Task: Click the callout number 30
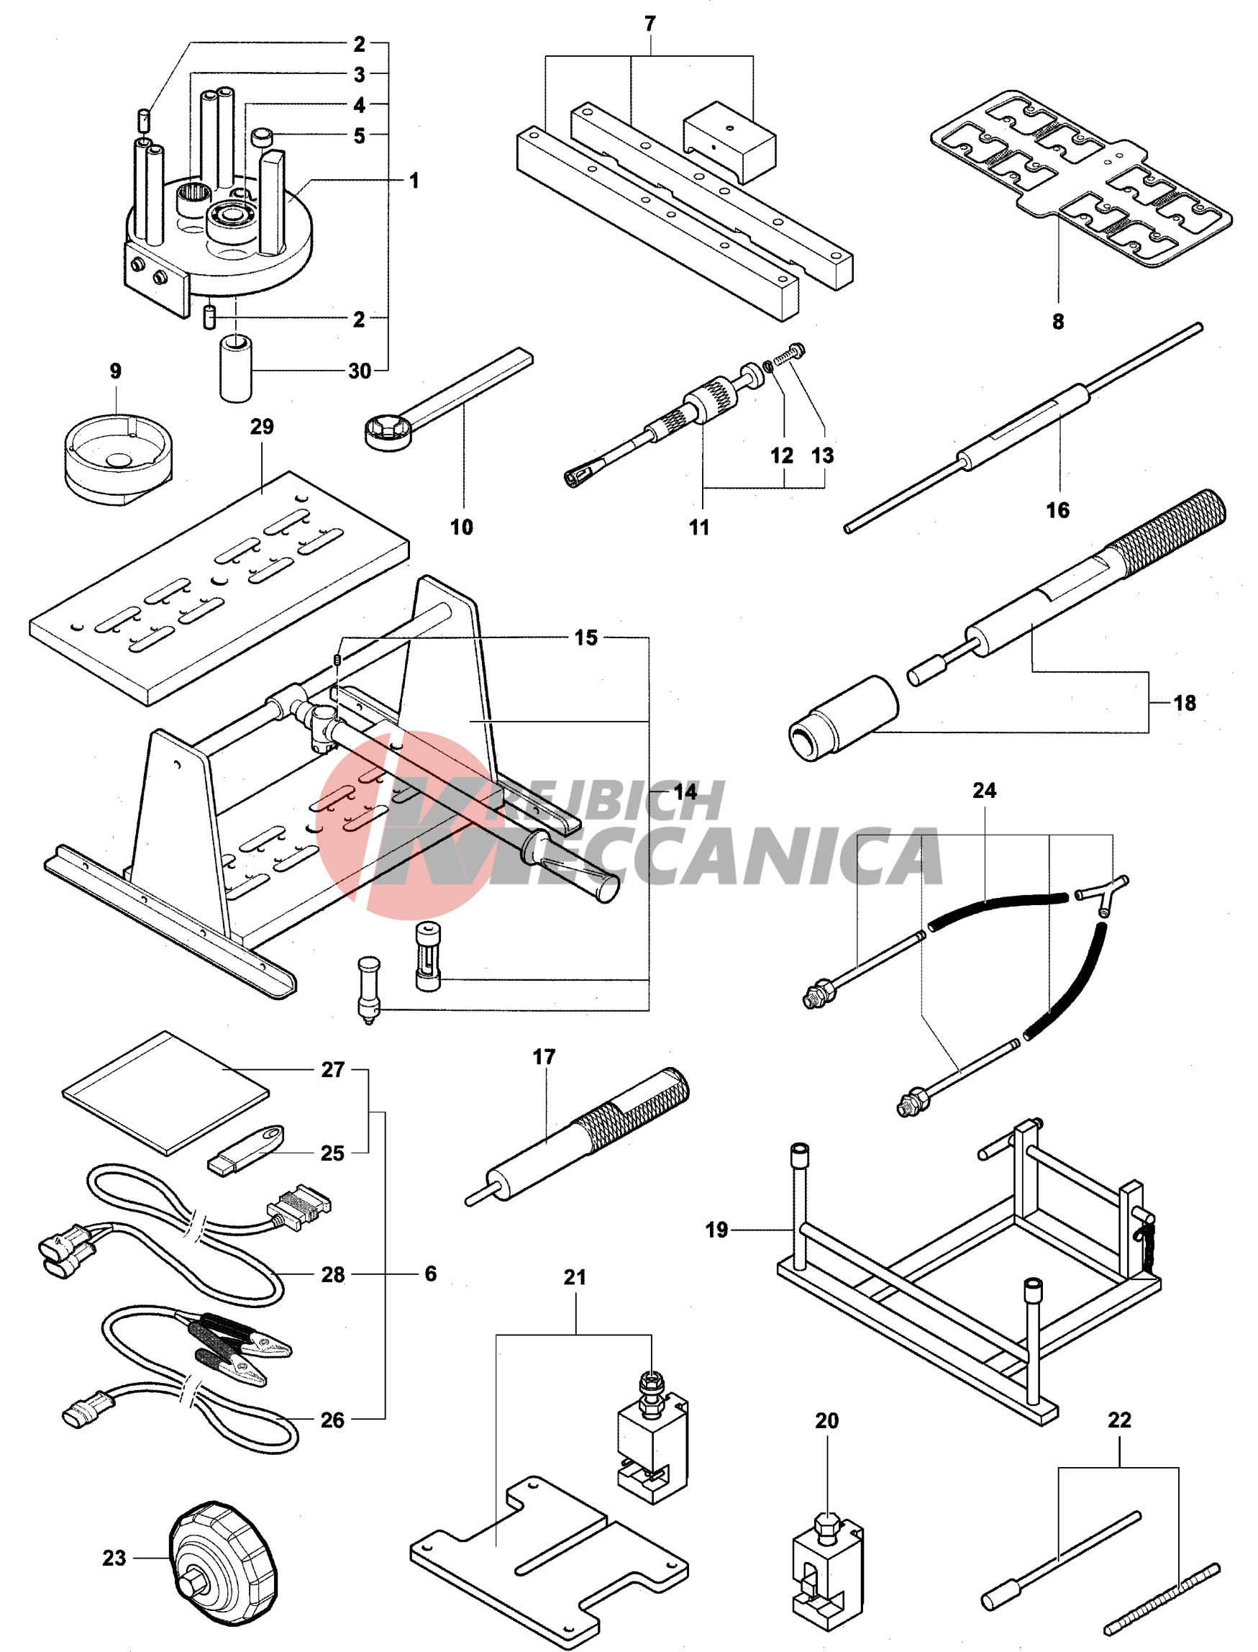click(x=360, y=371)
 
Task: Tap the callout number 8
click(x=1057, y=322)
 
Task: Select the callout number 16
click(x=1057, y=510)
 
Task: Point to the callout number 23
click(x=114, y=1558)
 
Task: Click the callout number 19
click(x=716, y=1230)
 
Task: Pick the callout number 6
click(x=431, y=1274)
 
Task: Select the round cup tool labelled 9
click(x=118, y=457)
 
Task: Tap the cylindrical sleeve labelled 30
click(x=236, y=368)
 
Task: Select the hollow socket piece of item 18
click(x=843, y=719)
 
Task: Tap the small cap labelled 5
click(x=262, y=138)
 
